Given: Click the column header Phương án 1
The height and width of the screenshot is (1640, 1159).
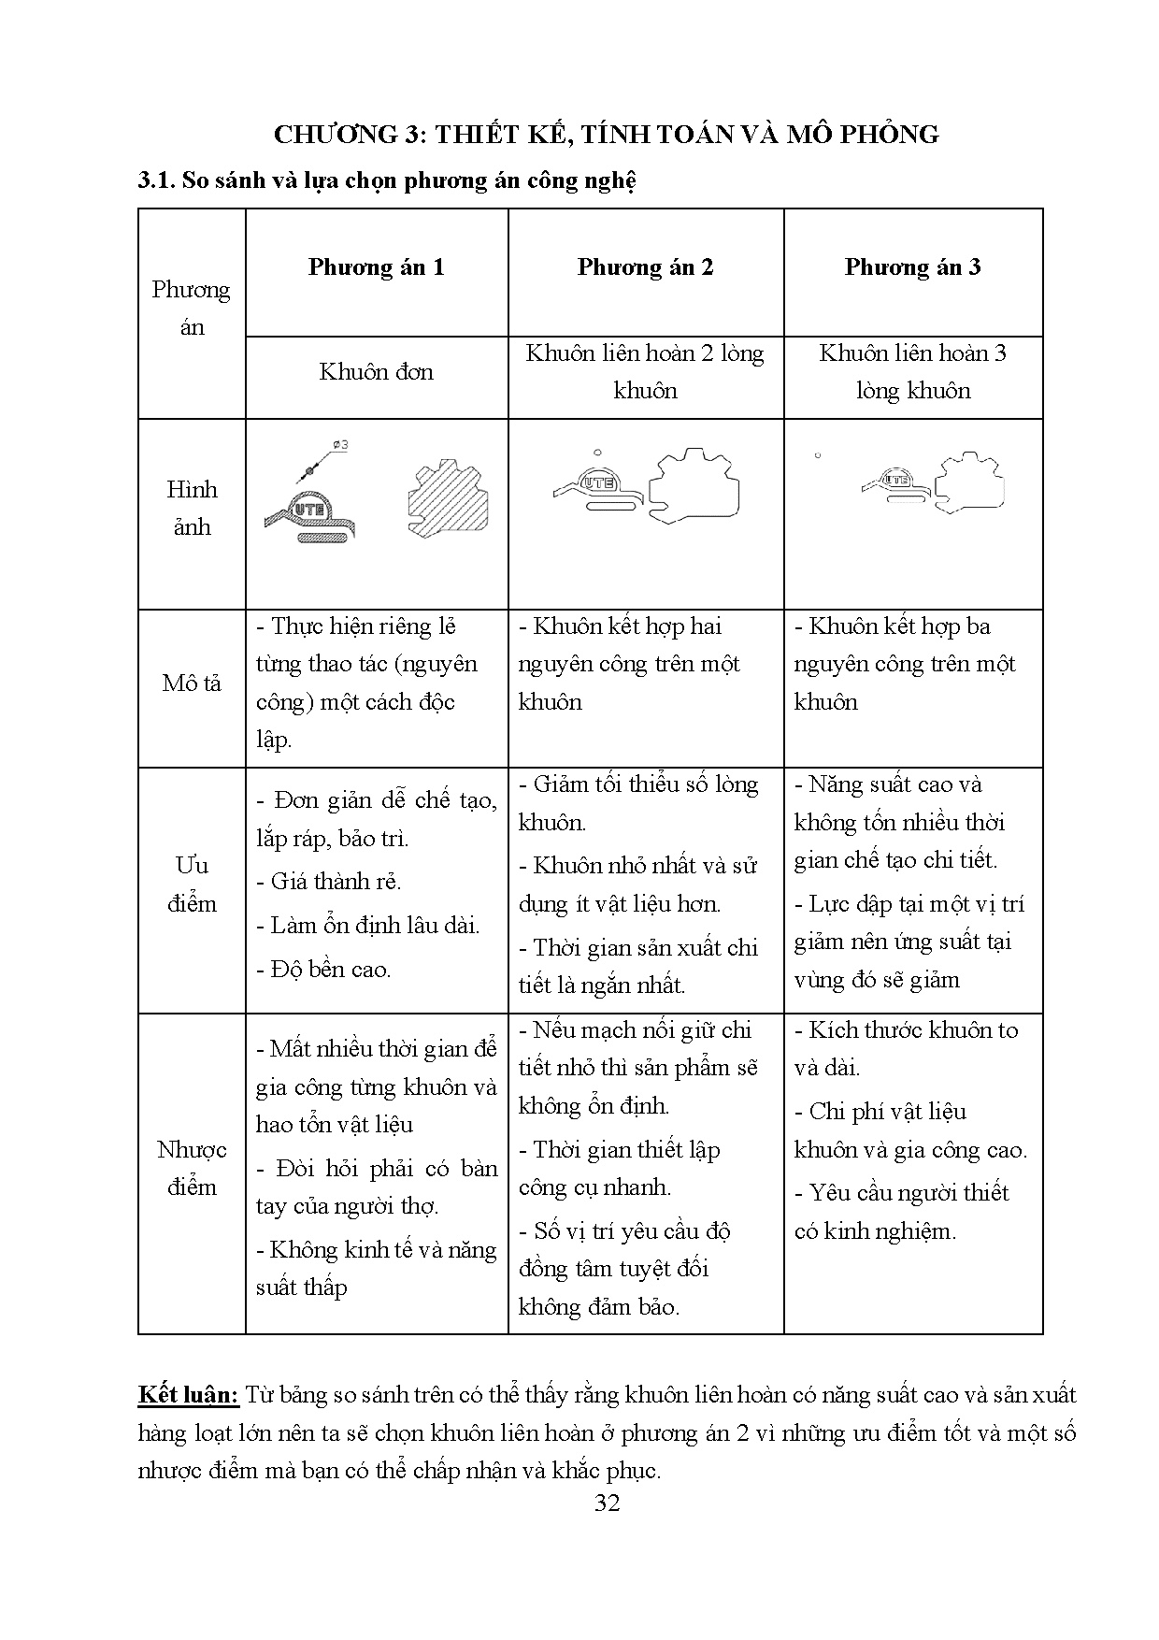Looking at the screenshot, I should pos(376,268).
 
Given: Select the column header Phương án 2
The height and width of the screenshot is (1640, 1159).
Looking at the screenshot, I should pos(645,268).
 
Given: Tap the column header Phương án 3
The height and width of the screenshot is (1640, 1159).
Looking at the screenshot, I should pos(912,268).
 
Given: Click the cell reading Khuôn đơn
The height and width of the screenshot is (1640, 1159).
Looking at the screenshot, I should pos(376,372).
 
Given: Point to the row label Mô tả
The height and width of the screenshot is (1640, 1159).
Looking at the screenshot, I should pos(192,683).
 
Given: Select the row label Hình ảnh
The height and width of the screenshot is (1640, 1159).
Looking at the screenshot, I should pos(192,508).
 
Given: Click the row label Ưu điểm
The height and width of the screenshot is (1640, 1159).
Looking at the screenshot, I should pos(192,885).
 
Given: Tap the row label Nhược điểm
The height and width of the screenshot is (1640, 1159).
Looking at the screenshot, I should pos(192,1168).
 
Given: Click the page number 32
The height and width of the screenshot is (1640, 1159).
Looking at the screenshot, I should pos(607,1503).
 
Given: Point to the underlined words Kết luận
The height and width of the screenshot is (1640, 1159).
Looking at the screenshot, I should pos(189,1395).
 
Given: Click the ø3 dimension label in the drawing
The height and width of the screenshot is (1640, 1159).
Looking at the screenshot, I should pos(340,445).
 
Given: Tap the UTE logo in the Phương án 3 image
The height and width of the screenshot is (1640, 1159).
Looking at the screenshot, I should pos(897,480).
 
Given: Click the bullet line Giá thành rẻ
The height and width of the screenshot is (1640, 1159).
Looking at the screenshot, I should pos(328,882).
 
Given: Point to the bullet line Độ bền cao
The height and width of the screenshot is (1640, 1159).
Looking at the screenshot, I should pos(323,970).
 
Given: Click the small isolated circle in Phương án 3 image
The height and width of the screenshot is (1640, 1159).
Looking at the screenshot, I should pos(818,456).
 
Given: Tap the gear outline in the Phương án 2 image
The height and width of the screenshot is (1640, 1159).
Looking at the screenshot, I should pos(694,487).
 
